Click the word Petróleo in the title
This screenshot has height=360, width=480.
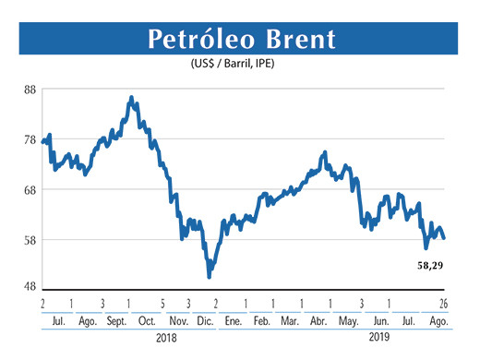pyautogui.click(x=198, y=40)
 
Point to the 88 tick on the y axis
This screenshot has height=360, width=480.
pyautogui.click(x=30, y=90)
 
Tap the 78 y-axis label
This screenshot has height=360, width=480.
pyautogui.click(x=30, y=140)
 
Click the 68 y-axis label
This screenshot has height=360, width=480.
pyautogui.click(x=30, y=190)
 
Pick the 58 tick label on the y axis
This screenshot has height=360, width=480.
pyautogui.click(x=30, y=240)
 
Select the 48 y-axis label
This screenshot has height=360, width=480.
pyautogui.click(x=30, y=286)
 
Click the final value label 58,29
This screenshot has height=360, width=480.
pyautogui.click(x=425, y=266)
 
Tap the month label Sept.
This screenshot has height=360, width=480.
pyautogui.click(x=117, y=320)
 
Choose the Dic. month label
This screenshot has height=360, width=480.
pyautogui.click(x=204, y=320)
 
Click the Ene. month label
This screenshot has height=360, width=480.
pyautogui.click(x=233, y=320)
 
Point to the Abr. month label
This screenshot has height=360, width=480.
pyautogui.click(x=318, y=320)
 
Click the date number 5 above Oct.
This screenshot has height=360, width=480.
pyautogui.click(x=162, y=303)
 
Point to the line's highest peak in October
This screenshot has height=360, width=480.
pyautogui.click(x=131, y=97)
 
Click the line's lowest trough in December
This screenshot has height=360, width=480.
pyautogui.click(x=210, y=275)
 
